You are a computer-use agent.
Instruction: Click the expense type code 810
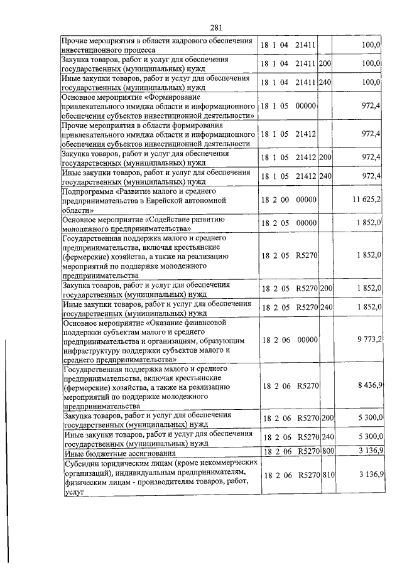pyautogui.click(x=327, y=475)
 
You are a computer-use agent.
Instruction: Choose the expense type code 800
pyautogui.click(x=327, y=450)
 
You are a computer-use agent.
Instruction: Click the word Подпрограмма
pyautogui.click(x=87, y=190)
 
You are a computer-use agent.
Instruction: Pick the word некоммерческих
pyautogui.click(x=210, y=464)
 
